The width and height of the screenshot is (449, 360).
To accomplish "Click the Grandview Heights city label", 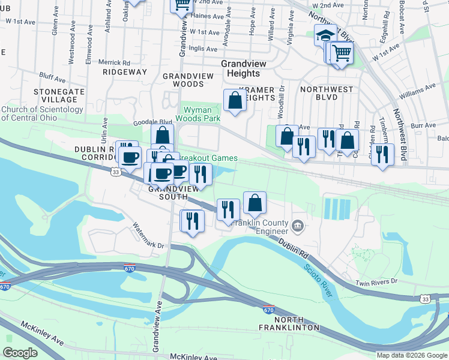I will point(240,68).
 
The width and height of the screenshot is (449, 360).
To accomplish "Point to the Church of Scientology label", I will point(42,113).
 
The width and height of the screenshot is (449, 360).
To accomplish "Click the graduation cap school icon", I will point(325,35).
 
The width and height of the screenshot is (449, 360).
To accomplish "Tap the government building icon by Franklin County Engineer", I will point(298,226).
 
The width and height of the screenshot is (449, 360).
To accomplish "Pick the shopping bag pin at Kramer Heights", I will point(235,101).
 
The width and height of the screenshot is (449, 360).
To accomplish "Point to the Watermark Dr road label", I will point(148,236).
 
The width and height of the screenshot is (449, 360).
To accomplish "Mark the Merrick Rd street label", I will point(114,62).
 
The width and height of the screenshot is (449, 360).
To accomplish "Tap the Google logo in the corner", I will point(20,353).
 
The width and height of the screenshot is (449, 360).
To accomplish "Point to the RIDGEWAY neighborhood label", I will point(124,72).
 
